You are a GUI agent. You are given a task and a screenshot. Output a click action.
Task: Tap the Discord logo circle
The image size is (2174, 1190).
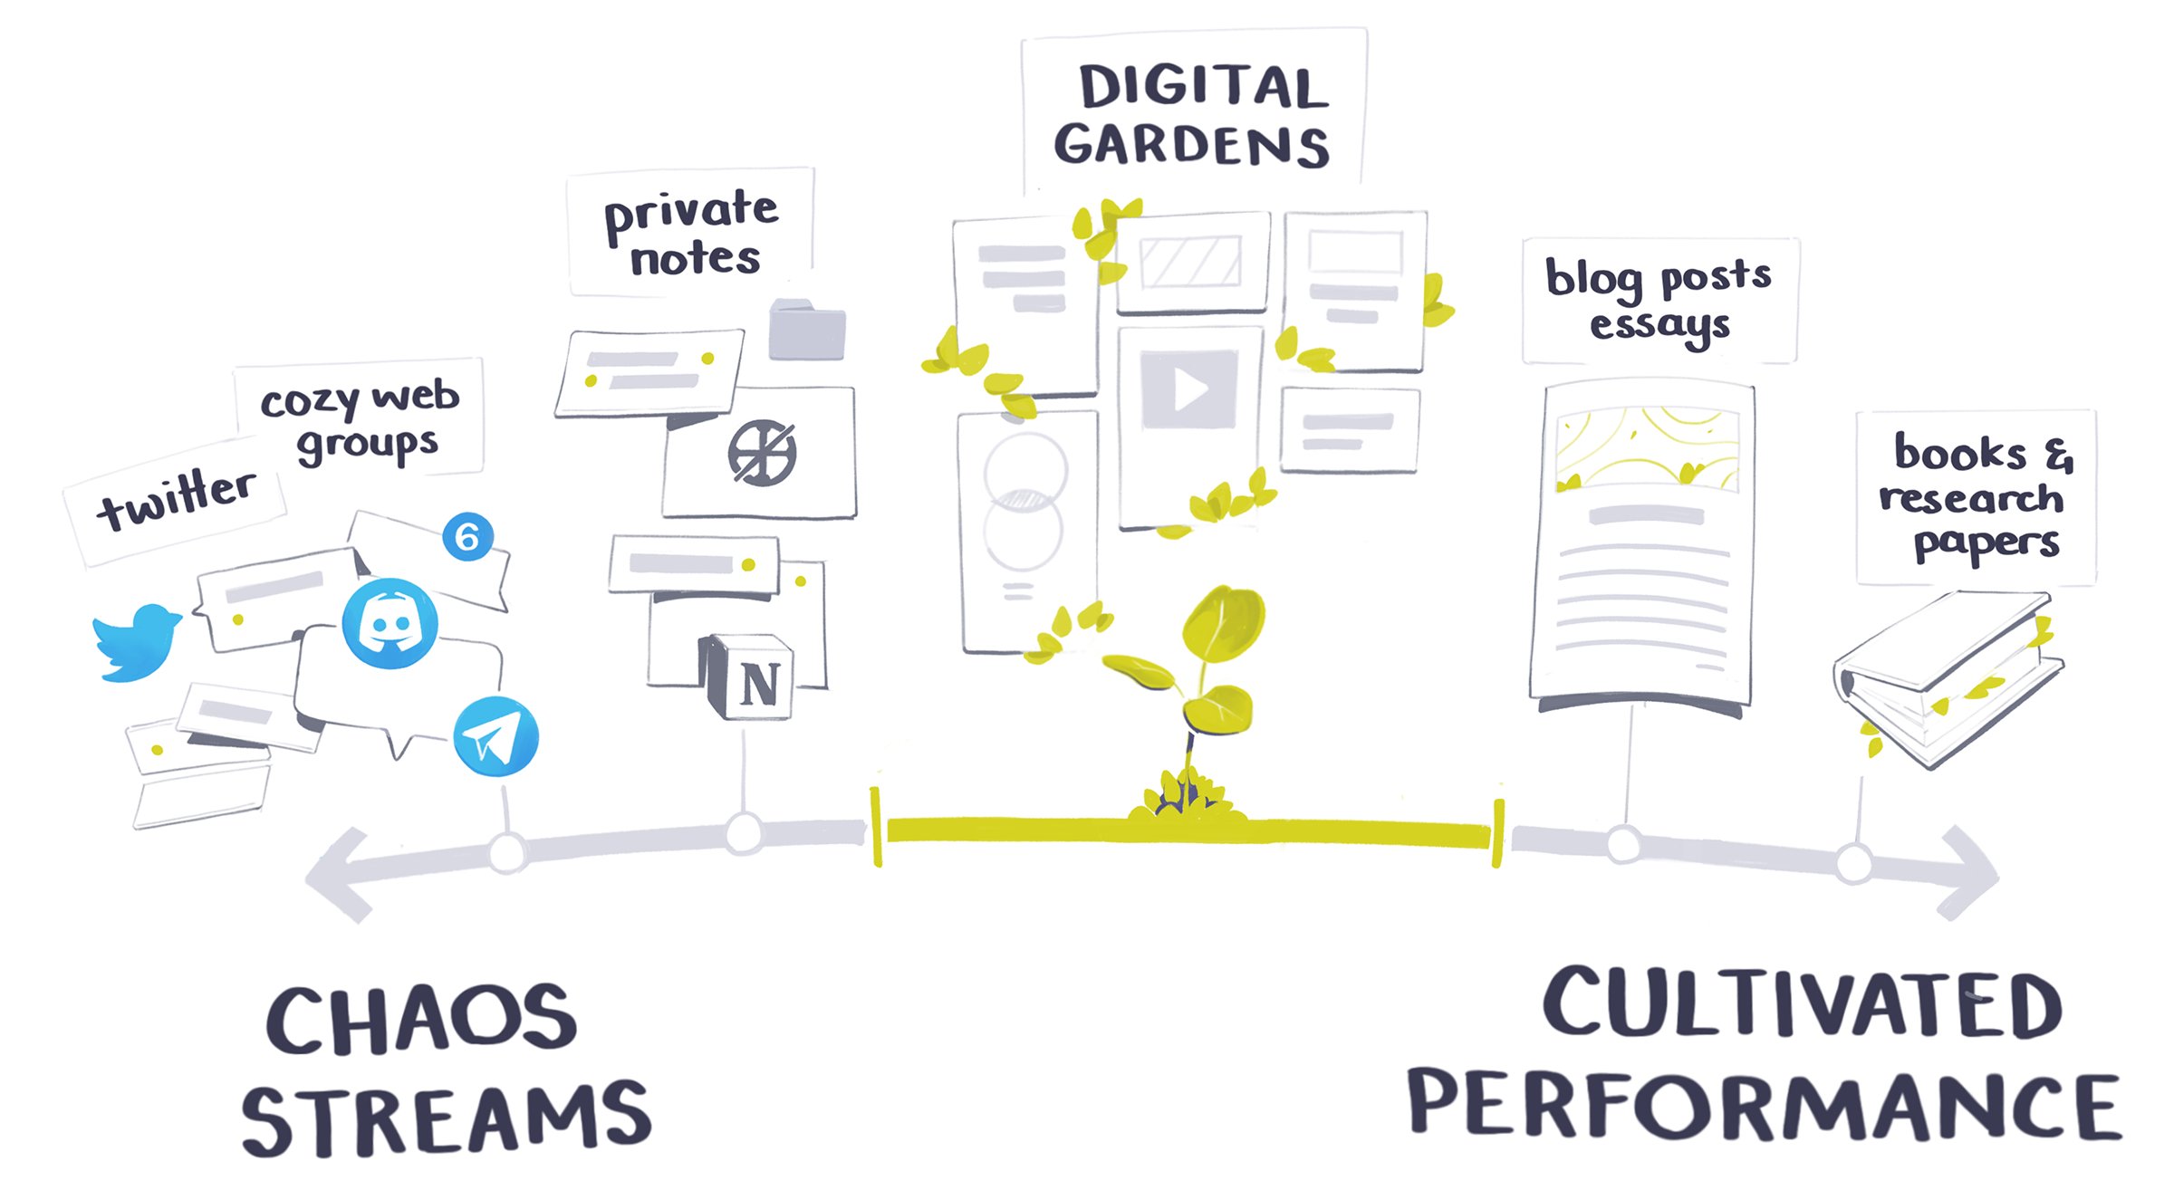(390, 624)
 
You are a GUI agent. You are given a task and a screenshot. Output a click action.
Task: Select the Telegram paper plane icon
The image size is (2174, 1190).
(495, 736)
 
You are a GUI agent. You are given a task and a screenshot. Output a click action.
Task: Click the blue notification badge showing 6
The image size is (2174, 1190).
(467, 537)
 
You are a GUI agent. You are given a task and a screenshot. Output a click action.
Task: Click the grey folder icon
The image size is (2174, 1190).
(806, 331)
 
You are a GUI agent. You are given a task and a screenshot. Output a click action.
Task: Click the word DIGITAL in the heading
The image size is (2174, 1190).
(1203, 89)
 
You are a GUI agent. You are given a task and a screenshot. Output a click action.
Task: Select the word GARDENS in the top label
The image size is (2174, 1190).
(1191, 145)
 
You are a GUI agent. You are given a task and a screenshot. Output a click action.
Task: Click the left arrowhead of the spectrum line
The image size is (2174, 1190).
(340, 875)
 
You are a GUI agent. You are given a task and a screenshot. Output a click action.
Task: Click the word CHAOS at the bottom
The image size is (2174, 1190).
(421, 1021)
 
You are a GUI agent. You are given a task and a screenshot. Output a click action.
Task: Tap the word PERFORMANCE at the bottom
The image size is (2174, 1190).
(1763, 1106)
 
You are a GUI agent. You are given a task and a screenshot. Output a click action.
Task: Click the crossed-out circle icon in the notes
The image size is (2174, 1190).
(763, 453)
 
